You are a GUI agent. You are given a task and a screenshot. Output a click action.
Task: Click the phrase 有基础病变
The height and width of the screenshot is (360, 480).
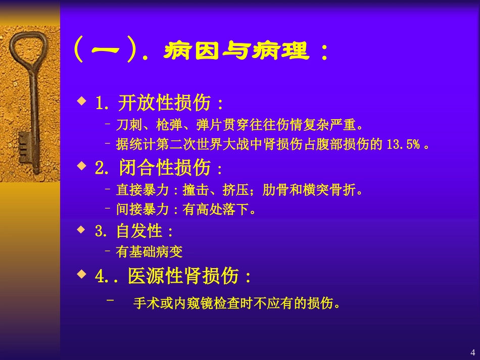coord(149,251)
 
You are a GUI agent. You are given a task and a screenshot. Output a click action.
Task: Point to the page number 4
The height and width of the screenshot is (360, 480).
coord(472,352)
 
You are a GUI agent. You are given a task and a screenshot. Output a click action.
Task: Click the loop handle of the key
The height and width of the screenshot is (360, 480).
coord(22,48)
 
